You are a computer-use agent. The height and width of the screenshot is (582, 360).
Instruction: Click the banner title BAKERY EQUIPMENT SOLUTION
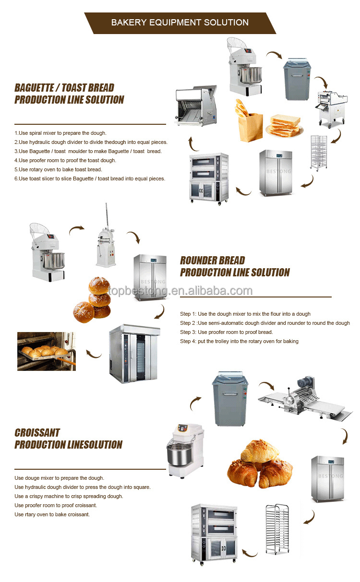(180, 23)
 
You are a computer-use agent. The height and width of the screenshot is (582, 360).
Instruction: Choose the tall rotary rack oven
(135, 354)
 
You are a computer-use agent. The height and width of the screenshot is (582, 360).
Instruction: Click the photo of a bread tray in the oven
(46, 351)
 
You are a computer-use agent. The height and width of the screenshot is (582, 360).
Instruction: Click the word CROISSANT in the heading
(37, 433)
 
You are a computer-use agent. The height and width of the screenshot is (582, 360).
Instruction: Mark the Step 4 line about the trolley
(239, 341)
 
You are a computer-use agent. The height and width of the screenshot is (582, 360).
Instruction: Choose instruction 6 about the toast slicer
(90, 178)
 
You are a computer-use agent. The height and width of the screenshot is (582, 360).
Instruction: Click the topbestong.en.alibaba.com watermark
(180, 291)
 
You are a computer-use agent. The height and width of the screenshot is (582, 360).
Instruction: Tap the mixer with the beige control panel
(184, 451)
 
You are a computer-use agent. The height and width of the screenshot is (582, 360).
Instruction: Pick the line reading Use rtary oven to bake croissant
(52, 514)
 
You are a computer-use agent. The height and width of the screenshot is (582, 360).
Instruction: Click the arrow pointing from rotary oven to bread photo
(94, 354)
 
